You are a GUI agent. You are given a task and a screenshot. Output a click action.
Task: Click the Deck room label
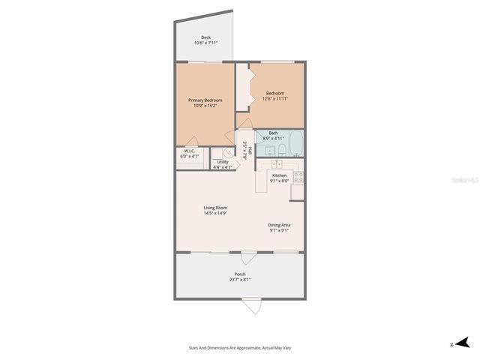click(x=205, y=37)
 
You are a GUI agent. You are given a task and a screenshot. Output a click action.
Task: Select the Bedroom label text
click(x=274, y=93)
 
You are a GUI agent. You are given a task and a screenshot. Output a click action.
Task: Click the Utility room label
click(x=223, y=162)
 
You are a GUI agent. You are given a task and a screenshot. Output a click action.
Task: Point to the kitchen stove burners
click(x=298, y=178)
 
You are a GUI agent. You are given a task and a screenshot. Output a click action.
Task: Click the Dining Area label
click(x=279, y=225)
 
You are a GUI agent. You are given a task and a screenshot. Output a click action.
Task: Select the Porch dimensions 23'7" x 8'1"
click(x=240, y=280)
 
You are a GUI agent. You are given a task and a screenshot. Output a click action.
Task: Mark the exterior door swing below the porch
click(x=252, y=307)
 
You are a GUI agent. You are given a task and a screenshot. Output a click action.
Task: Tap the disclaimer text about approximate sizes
click(x=240, y=347)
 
